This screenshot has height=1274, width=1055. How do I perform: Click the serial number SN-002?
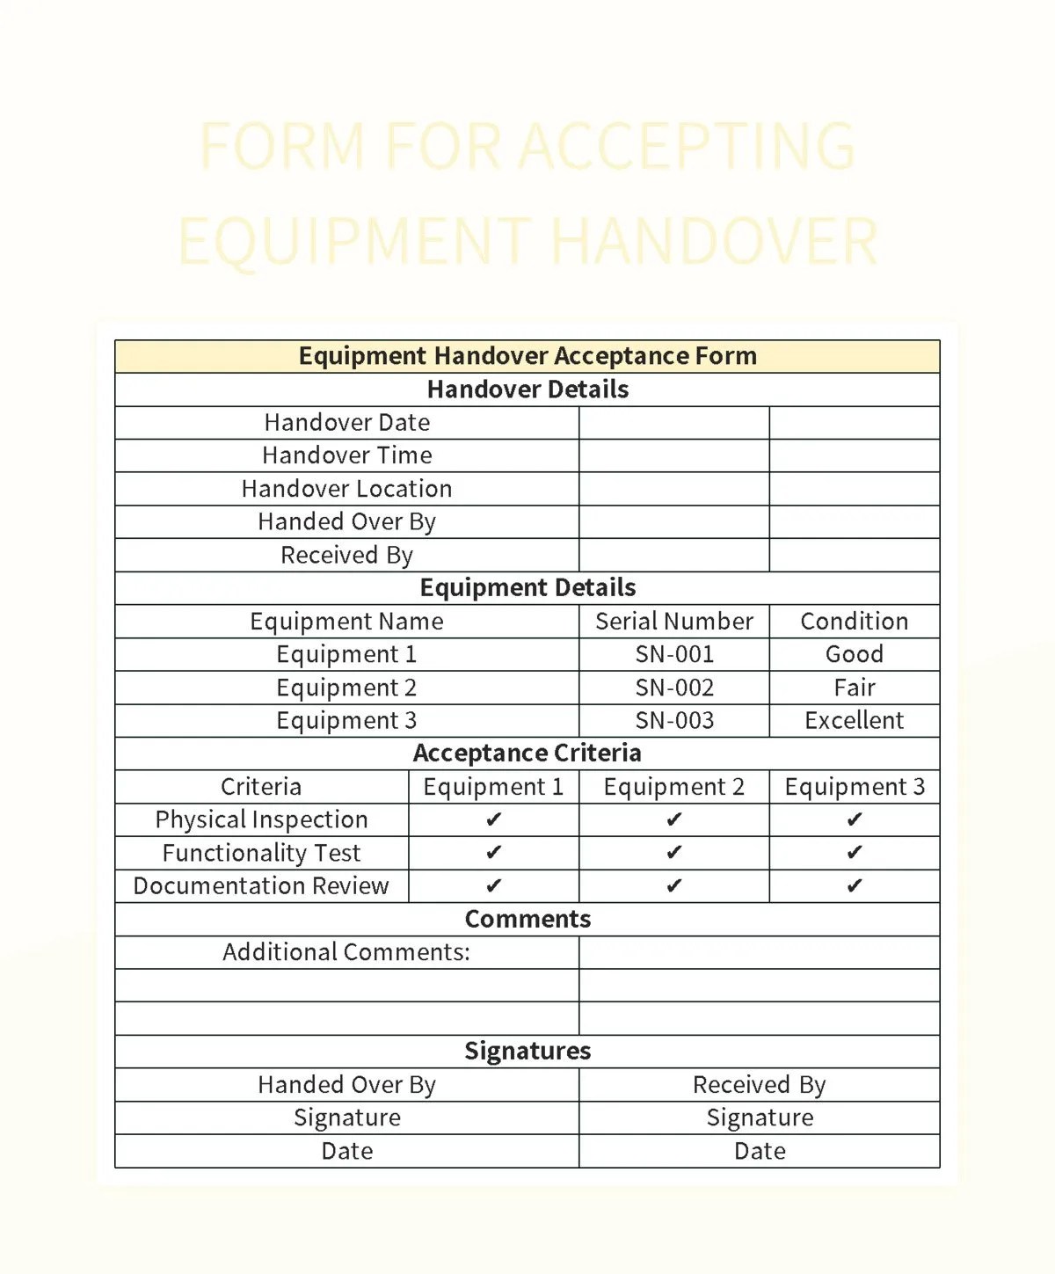coord(674,688)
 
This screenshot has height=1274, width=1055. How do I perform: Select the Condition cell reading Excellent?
coord(854,721)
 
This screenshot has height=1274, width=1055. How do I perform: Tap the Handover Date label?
coord(346,423)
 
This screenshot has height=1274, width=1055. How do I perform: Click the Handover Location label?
coord(346,489)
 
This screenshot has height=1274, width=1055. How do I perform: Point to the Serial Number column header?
coord(674,622)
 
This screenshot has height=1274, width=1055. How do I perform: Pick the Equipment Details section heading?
coord(527,588)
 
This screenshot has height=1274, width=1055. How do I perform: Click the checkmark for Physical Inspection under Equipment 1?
coord(493,820)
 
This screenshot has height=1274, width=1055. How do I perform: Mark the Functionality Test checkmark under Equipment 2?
coord(673,853)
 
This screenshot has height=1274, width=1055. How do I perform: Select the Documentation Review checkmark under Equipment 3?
coord(854,886)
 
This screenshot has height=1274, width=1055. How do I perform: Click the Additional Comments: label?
coord(346,952)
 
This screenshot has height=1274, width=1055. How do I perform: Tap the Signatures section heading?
coord(527,1052)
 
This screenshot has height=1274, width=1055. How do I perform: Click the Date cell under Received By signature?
coord(760,1152)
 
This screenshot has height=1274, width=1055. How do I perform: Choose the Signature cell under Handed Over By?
coord(346,1118)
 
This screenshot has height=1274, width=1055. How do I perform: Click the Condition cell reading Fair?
coord(854,688)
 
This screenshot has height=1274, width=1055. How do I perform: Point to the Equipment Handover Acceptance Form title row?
coord(527,356)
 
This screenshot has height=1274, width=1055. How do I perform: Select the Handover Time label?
coord(346,455)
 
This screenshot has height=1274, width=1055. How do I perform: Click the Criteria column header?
coord(261,787)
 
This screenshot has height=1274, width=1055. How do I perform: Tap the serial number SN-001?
coord(674,655)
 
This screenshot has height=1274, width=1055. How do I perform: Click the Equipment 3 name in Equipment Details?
coord(346,721)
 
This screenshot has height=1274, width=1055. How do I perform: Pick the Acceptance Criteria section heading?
coord(527,753)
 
